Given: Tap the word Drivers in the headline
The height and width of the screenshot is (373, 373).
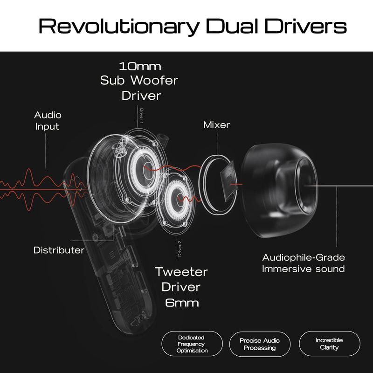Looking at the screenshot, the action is point(305,26).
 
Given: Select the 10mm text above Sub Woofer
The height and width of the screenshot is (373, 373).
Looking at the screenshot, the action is point(140,66).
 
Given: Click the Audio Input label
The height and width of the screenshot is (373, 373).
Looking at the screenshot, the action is point(48,121).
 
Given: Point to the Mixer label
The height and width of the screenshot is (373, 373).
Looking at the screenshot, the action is point(216,125).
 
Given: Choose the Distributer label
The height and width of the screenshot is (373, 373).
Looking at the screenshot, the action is point(59,250).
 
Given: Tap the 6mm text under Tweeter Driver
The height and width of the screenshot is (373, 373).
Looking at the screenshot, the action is point(182,303).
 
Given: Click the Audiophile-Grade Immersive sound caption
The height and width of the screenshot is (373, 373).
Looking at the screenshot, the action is point(304,263).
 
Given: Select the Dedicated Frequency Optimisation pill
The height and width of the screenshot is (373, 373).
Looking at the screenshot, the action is point(192,344).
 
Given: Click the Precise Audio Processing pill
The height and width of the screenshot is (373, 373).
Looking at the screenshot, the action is point(260,344).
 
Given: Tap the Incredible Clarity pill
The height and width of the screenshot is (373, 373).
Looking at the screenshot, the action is point(330,344).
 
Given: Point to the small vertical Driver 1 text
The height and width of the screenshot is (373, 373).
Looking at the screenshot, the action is point(142,116).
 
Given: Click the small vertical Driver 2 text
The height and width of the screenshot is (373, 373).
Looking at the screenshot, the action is point(180,249).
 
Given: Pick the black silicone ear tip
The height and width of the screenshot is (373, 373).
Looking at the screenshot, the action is point(279,190).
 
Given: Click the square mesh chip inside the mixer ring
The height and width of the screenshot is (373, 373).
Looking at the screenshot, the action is point(229,181).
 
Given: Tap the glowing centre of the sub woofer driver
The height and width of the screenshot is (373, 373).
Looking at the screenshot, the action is point(148,171).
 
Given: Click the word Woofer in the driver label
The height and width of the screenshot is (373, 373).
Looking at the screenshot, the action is point(154,80).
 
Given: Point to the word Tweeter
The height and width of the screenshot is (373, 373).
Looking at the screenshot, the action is point(181,272).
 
